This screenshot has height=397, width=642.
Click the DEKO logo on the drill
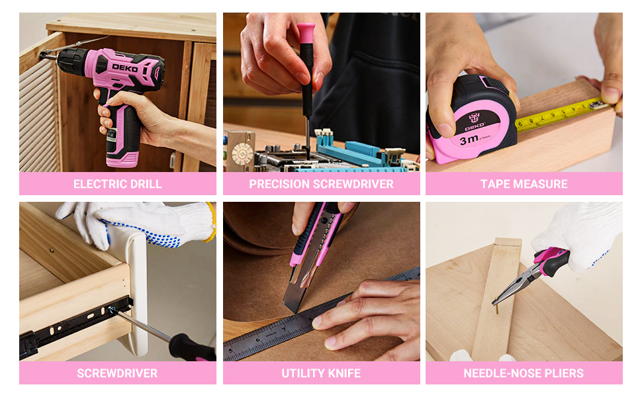click(x=125, y=68)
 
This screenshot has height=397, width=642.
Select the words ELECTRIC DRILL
click(x=118, y=184)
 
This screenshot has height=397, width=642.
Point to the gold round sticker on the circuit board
click(x=242, y=154)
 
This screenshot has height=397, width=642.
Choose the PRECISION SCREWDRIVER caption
click(x=322, y=184)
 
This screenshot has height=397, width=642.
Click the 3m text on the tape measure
click(x=469, y=140)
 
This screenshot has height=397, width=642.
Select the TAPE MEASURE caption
click(x=524, y=184)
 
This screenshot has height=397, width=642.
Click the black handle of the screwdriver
click(x=192, y=348)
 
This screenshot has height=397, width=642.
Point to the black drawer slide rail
click(x=75, y=325)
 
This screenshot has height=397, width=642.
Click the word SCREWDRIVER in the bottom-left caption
click(x=117, y=373)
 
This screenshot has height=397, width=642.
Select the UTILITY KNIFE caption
click(x=322, y=373)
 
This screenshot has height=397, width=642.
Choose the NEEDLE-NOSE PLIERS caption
click(x=524, y=373)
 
